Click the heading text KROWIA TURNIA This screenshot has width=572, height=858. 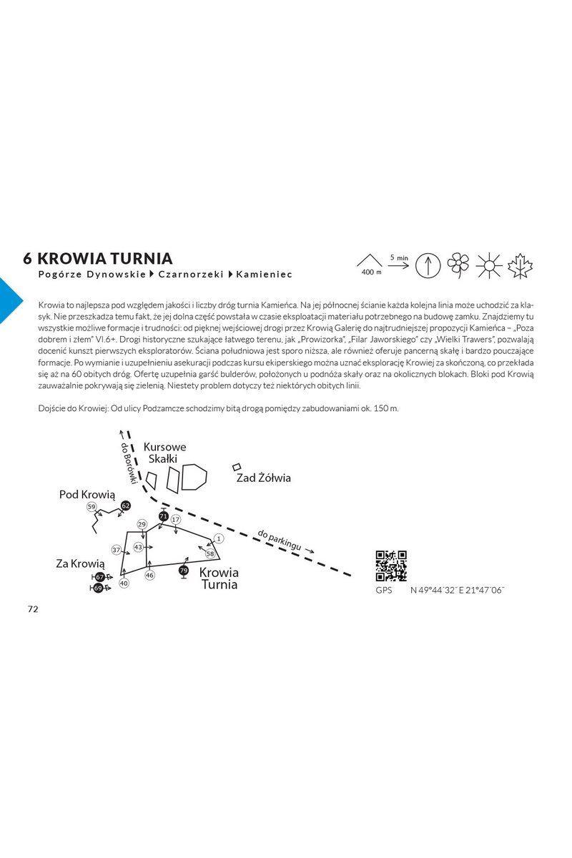(105, 259)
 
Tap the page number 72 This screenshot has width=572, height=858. (33, 609)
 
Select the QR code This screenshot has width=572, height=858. (391, 566)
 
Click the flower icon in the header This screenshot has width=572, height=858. (458, 265)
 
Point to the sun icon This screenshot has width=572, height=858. (489, 265)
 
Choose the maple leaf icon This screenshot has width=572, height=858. (520, 265)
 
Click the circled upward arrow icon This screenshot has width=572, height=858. (428, 265)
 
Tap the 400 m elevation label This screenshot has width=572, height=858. (372, 272)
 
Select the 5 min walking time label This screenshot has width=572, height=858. (399, 258)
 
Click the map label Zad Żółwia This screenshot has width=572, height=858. (264, 478)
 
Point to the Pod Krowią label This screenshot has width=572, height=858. (87, 495)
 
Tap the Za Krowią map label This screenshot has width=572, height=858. (80, 564)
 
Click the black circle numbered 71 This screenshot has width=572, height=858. (164, 516)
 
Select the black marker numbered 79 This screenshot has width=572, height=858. (184, 571)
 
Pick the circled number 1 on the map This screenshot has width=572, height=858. (219, 539)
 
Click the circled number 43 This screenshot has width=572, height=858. (138, 547)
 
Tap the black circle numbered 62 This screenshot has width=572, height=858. (126, 506)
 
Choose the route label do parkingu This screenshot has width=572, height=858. (280, 540)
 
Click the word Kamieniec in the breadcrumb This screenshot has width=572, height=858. (264, 275)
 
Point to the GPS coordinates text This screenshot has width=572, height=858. (457, 591)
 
